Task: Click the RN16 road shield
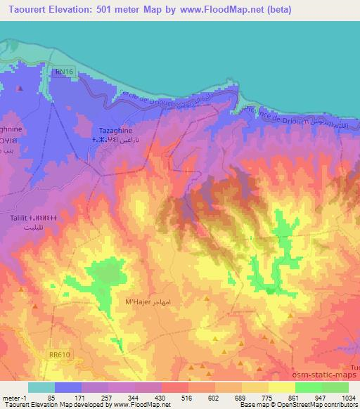(x=65, y=71)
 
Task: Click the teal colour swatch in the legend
(x=41, y=387)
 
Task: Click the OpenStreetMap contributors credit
(x=319, y=405)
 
